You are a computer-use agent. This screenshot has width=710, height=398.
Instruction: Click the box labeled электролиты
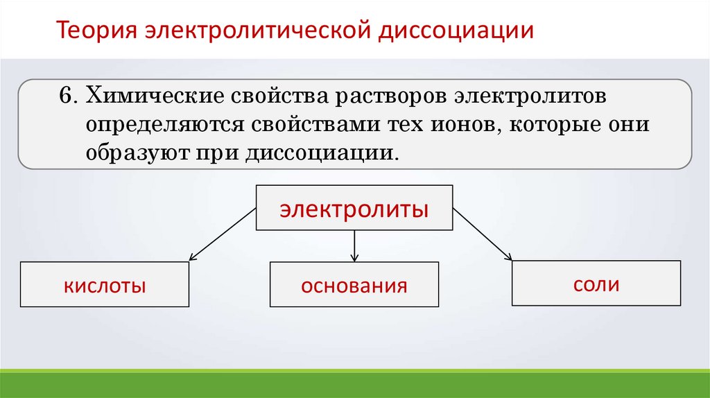point(354,207)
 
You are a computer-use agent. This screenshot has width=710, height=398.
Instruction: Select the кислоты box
point(105,284)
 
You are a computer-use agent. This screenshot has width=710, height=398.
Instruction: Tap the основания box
point(354,284)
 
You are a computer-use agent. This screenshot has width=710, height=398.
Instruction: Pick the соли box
point(596,283)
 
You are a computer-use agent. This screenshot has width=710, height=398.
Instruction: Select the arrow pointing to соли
point(483,235)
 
